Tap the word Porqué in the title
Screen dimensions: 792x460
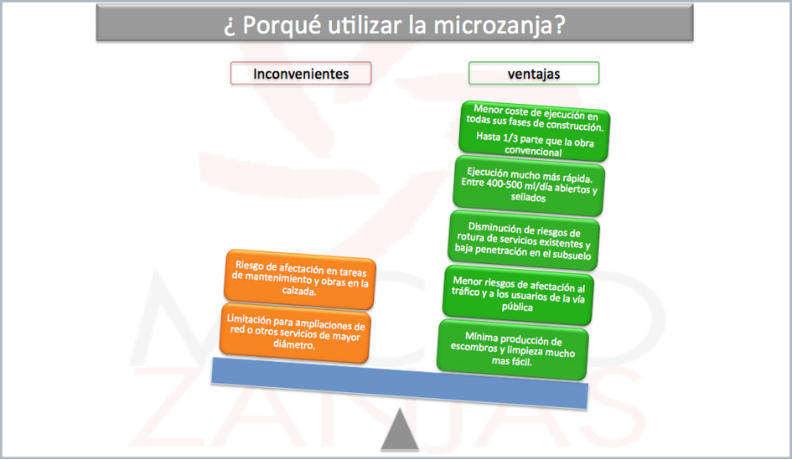[282, 25]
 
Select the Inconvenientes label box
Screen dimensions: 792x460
[301, 74]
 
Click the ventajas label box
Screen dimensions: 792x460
[534, 74]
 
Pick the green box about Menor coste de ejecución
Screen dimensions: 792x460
[535, 131]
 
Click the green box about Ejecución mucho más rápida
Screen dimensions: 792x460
[529, 185]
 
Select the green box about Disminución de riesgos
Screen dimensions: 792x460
[523, 240]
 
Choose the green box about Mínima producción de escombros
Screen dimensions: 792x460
[512, 349]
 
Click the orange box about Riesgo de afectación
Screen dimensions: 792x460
[299, 279]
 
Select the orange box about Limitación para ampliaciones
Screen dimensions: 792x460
[295, 333]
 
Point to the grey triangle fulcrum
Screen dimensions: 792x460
[400, 429]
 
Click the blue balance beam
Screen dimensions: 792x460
[400, 383]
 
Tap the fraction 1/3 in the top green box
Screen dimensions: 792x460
[513, 138]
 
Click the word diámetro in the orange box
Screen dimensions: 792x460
[294, 344]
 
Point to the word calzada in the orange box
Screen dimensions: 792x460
[299, 291]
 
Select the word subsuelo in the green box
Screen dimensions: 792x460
[572, 255]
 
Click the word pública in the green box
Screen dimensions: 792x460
[517, 307]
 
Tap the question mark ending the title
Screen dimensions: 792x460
[560, 25]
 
